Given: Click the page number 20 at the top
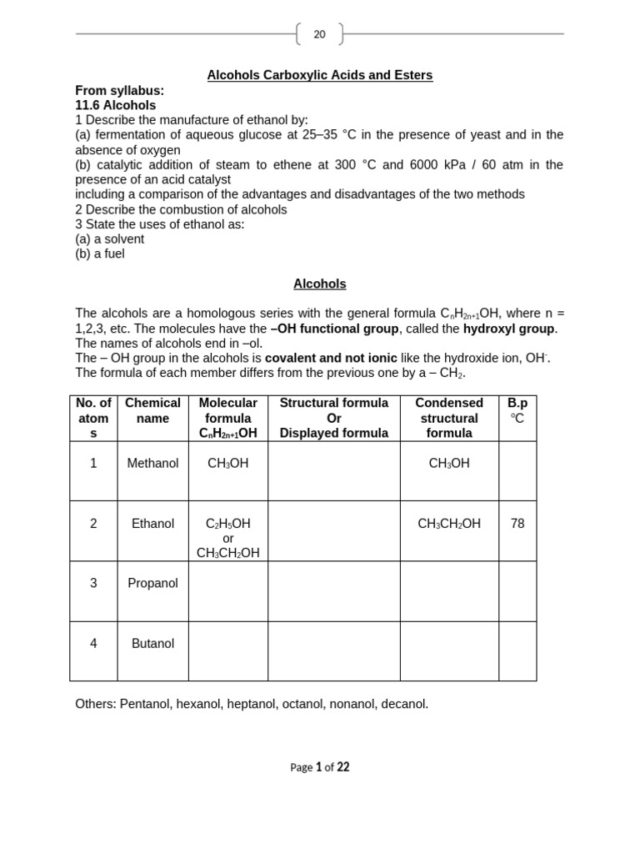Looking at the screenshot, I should (319, 34).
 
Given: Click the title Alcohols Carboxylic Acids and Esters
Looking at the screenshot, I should (319, 75).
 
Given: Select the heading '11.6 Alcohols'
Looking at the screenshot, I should (115, 105).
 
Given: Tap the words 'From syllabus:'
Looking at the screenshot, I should (119, 90).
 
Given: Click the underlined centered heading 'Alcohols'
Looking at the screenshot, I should (319, 284).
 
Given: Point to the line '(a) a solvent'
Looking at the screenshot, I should (109, 239).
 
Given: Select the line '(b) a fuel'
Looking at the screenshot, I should (100, 254).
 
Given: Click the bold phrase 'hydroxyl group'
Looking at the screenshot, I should (508, 328).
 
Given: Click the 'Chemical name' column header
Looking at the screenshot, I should (152, 410).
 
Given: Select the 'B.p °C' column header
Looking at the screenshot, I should (517, 410).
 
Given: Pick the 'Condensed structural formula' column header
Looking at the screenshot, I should (449, 418).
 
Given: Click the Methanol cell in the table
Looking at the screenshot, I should (152, 463).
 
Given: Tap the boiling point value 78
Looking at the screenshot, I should (517, 524).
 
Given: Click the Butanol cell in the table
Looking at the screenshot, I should (152, 643).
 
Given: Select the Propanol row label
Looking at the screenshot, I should (152, 583).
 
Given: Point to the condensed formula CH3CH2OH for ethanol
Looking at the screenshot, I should (449, 524).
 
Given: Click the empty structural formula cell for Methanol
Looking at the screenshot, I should (333, 470).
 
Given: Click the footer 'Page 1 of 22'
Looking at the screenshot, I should (319, 767).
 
